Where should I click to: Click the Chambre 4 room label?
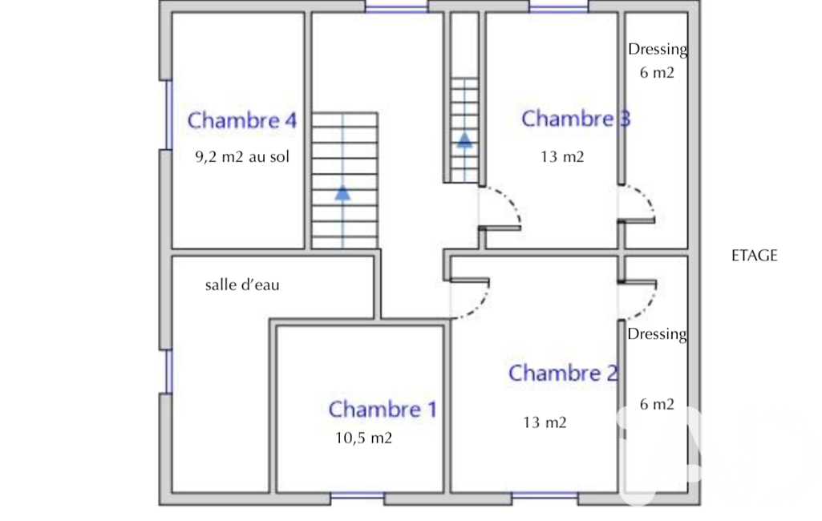click(242, 120)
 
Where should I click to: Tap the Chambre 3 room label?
click(576, 119)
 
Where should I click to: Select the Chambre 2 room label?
click(563, 374)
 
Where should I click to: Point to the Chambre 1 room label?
click(383, 410)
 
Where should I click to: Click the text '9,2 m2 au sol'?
click(242, 157)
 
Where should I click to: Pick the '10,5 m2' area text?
click(364, 438)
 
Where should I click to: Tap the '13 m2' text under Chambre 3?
click(562, 157)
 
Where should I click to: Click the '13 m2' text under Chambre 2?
click(545, 422)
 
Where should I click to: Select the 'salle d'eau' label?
click(242, 285)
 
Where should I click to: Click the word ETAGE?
click(755, 256)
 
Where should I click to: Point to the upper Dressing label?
click(658, 49)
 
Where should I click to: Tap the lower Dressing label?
click(657, 334)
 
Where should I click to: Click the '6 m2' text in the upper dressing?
click(657, 73)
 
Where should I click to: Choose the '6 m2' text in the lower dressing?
click(657, 404)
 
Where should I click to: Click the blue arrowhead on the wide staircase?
click(342, 193)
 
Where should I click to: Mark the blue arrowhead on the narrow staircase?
click(464, 139)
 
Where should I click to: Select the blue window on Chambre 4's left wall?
click(168, 115)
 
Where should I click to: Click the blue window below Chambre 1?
click(358, 495)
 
